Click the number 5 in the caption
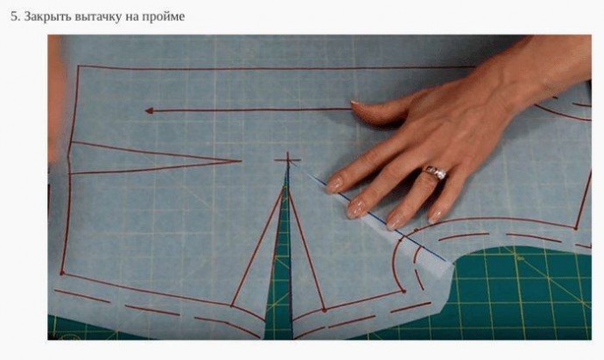[13, 17]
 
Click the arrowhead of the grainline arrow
[150, 110]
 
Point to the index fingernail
[334, 186]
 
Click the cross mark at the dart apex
[287, 159]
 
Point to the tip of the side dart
[241, 160]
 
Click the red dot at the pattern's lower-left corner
[62, 273]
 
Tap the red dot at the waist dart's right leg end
[325, 310]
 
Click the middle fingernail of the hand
[356, 209]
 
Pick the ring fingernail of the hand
[394, 222]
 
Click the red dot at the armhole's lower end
[404, 291]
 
